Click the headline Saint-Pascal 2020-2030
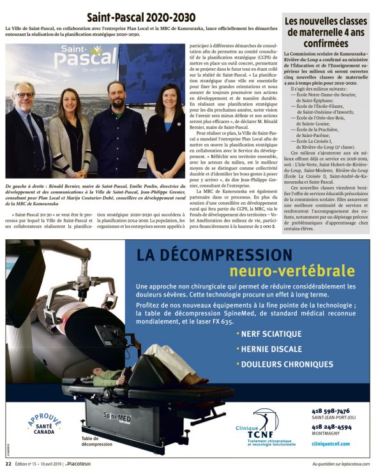pos(142,16)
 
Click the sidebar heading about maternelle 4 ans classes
pos(329,29)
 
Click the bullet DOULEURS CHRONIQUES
pos(278,364)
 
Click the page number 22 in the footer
pos(9,464)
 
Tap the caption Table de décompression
pos(98,442)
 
